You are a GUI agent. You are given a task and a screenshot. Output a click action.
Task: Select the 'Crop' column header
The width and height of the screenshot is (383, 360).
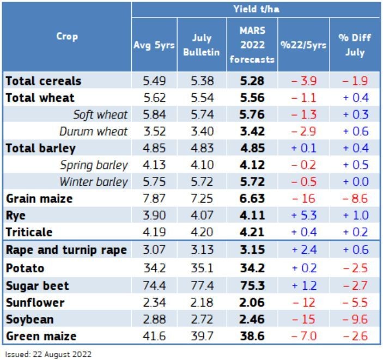pyautogui.click(x=66, y=36)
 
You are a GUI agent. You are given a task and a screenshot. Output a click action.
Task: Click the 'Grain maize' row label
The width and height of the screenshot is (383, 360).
pyautogui.click(x=39, y=199)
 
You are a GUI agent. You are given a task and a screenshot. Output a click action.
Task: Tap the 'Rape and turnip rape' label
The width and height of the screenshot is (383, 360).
pyautogui.click(x=66, y=250)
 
